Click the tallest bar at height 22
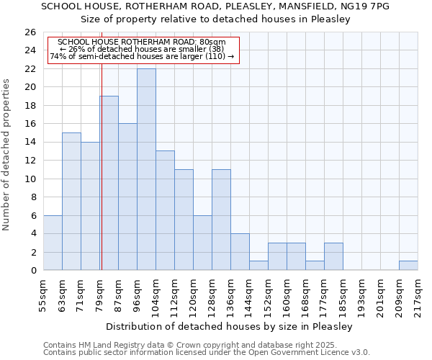tap(146, 169)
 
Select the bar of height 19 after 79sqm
tap(109, 183)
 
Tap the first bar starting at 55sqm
tap(53, 243)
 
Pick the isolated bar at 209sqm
tap(408, 266)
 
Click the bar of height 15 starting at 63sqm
tap(71, 202)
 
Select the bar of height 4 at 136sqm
tap(240, 252)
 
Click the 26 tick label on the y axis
tap(30, 32)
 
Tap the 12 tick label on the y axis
tap(30, 161)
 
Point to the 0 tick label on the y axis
tap(32, 271)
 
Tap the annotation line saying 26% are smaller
tap(142, 49)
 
